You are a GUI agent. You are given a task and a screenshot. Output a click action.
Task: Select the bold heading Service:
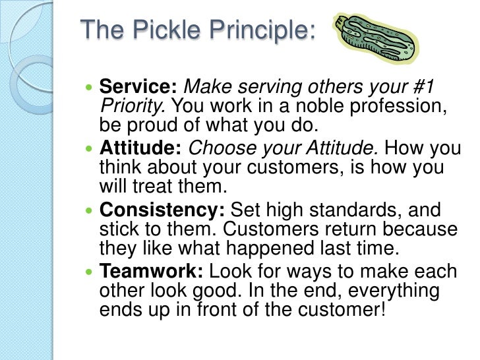pos(139,86)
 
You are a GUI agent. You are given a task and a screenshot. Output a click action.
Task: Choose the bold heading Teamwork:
pos(151,272)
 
